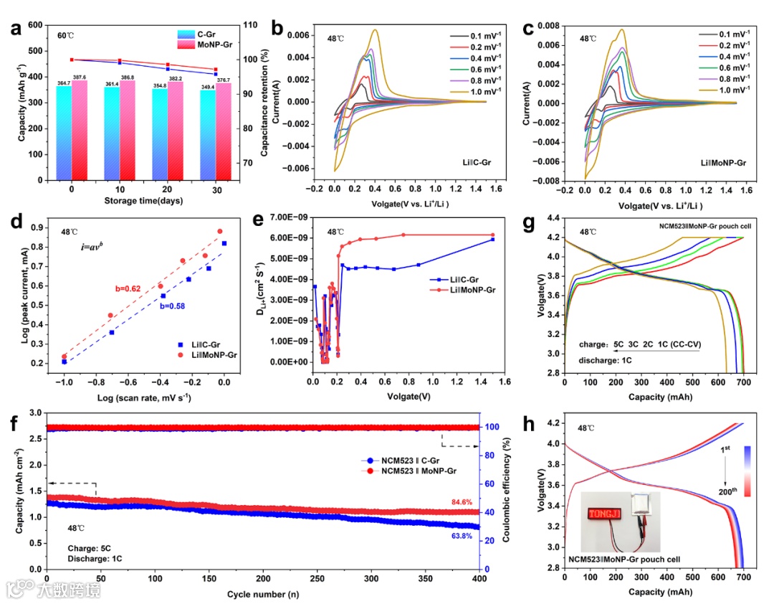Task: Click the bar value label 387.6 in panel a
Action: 80,77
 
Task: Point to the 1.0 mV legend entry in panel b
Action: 485,92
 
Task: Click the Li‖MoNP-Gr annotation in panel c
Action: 723,164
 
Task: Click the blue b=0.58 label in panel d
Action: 173,306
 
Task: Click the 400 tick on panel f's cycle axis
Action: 479,579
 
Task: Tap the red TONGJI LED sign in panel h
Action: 606,514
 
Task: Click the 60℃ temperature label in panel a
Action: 67,35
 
